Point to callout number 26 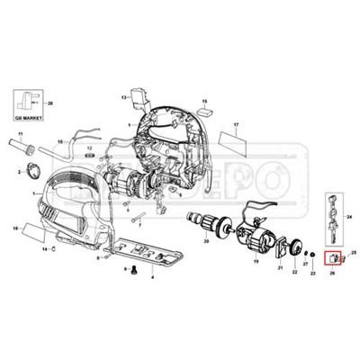coord(332,273)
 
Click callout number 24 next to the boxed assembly coord(348,219)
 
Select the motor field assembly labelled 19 coord(261,238)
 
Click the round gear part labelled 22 coord(294,247)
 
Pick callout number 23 coord(312,272)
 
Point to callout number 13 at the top coord(123,94)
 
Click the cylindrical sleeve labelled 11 coord(24,143)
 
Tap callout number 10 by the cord coord(60,141)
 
